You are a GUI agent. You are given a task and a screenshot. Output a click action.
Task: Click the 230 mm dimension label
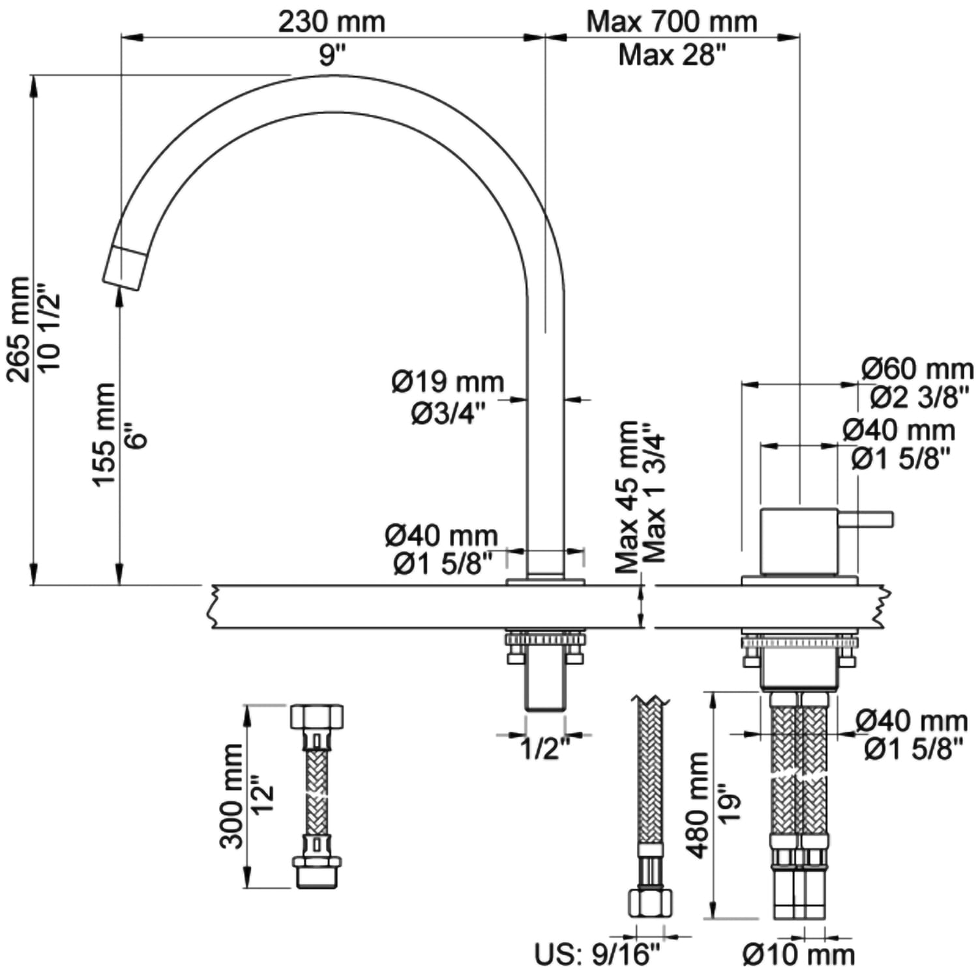tap(332, 22)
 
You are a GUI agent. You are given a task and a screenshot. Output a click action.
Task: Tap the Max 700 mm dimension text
tap(672, 22)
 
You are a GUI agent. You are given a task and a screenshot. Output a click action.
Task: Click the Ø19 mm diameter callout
tap(448, 381)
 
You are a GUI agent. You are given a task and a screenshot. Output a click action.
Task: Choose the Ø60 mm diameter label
tap(917, 369)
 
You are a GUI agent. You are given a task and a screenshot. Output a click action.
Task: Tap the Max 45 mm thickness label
tap(628, 497)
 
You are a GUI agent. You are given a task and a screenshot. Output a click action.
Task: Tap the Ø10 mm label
tap(799, 956)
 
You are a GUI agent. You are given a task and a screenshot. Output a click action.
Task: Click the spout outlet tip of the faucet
tap(124, 269)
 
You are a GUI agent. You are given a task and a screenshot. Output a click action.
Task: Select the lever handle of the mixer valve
tap(866, 520)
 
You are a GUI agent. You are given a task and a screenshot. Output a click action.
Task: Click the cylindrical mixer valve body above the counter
tap(799, 541)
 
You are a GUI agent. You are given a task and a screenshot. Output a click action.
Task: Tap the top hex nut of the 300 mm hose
tap(316, 717)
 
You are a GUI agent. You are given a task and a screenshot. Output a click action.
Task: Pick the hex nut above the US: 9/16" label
tap(650, 903)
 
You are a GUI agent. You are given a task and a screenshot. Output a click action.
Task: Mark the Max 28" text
tap(672, 55)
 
